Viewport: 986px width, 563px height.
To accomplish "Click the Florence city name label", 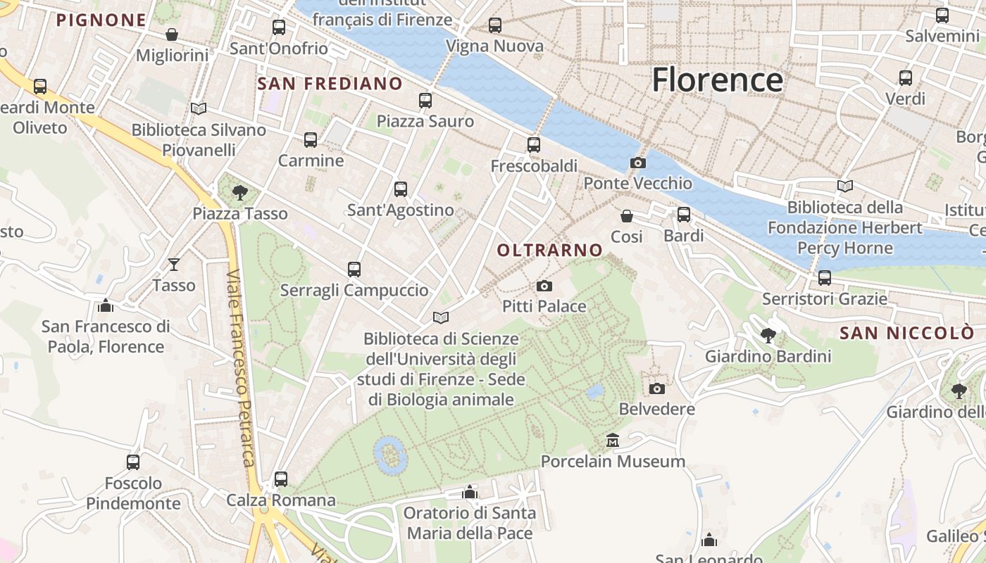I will pos(717,80).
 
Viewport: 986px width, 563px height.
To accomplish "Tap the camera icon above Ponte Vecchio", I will pos(638,163).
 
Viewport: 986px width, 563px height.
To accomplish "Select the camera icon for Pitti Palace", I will pos(544,286).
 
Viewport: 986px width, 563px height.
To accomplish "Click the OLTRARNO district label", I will pos(550,250).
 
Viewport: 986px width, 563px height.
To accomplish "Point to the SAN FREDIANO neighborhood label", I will pos(330,84).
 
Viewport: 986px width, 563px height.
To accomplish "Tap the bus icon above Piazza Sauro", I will pos(425,101).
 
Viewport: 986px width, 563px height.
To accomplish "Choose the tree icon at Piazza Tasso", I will pos(240,192).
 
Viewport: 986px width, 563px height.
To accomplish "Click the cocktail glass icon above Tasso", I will pos(174,265).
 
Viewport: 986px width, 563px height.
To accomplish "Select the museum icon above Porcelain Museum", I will pos(613,441).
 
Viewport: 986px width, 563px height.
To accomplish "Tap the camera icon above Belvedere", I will pos(656,388).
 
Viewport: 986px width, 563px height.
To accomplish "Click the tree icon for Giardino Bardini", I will pos(768,336).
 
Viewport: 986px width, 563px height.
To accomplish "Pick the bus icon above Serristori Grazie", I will pos(825,278).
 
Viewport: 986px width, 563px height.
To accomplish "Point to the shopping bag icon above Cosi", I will pos(627,216).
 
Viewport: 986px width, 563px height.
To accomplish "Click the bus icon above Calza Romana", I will pos(281,479).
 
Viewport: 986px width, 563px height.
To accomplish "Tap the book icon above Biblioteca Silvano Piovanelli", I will pos(199,109).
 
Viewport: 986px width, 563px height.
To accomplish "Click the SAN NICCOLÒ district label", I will pos(907,333).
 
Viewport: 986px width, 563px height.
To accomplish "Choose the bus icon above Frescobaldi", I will pos(534,145).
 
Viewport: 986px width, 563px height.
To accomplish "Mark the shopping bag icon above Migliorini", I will pos(172,34).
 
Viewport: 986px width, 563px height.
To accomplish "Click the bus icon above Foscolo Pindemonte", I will pos(133,462).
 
